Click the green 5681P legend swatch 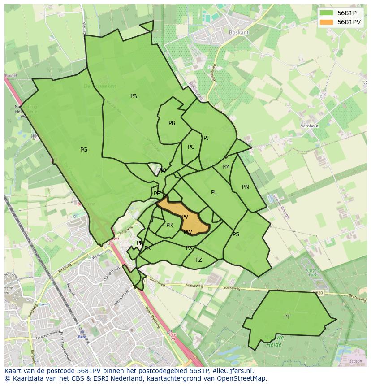coord(326,13)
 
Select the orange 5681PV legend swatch coord(326,22)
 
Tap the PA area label coord(134,96)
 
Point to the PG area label coord(84,150)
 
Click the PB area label coord(172,123)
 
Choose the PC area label coord(191,147)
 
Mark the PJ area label coord(206,138)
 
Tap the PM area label coord(226,167)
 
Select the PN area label coord(245,187)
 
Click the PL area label coord(214,192)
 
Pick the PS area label coord(236,234)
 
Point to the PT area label coord(287,317)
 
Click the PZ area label coord(198,260)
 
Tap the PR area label coord(169,225)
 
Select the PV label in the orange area coord(185,217)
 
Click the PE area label coord(157,194)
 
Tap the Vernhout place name coord(310,126)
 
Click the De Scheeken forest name coord(100,86)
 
